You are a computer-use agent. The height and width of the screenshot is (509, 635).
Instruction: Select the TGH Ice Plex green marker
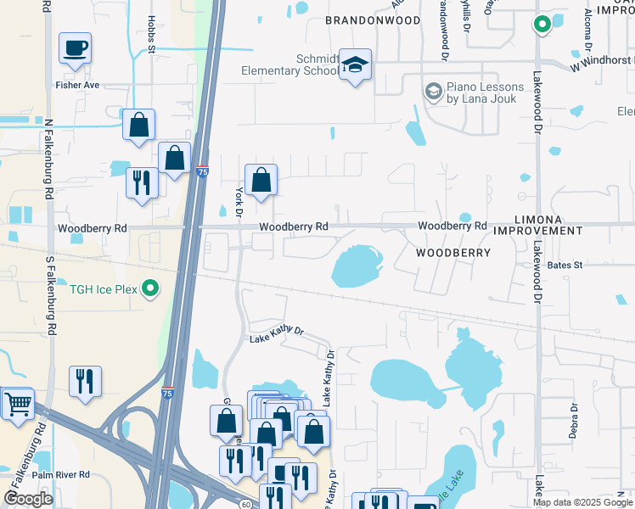151,289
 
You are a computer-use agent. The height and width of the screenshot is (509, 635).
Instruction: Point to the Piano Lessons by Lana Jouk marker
433,90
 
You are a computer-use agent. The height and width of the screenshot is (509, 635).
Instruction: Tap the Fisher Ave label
77,85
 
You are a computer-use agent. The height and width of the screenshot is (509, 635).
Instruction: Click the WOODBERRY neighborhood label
453,253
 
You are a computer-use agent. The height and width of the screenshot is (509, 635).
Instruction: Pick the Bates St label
565,266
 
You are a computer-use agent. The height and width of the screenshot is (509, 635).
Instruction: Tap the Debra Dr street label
573,421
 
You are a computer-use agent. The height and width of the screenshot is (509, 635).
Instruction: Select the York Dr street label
239,201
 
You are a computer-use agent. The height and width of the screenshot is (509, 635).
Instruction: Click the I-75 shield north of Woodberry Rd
202,171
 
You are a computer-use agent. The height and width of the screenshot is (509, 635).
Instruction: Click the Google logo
29,498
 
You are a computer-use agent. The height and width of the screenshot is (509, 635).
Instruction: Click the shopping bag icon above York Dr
261,179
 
